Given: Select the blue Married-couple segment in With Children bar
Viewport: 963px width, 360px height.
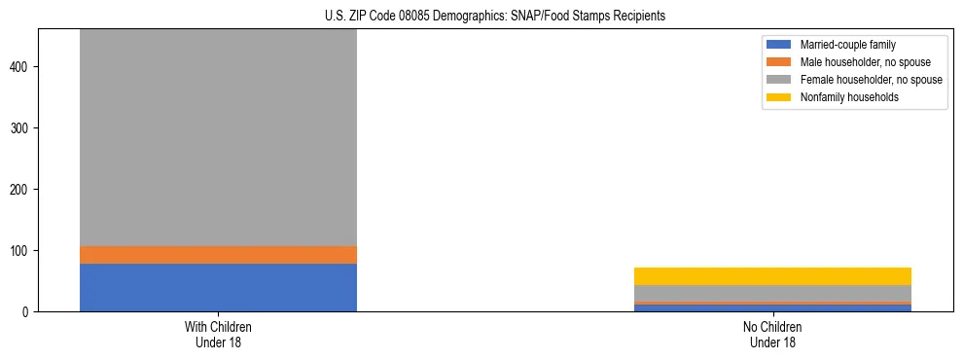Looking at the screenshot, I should [x=218, y=287].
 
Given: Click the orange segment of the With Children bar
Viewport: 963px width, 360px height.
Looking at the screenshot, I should [x=218, y=255].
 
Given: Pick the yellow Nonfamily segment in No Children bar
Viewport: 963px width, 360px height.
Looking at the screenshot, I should [x=772, y=276].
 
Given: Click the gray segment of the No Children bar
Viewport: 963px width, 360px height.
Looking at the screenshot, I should [x=772, y=294].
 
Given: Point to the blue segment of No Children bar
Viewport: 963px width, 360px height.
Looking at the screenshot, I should [x=772, y=308].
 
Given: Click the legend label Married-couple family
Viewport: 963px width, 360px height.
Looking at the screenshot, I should [x=847, y=45].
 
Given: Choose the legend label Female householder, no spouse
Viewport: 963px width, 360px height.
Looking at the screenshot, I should [x=871, y=80].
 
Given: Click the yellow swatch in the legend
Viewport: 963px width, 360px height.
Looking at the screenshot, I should [x=780, y=97].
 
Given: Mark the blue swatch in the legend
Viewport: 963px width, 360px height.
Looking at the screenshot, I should [x=780, y=45].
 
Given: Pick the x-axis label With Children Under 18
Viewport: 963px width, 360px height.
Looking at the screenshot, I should [x=218, y=334].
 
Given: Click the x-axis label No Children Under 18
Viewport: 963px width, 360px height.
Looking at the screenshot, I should [x=772, y=334].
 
